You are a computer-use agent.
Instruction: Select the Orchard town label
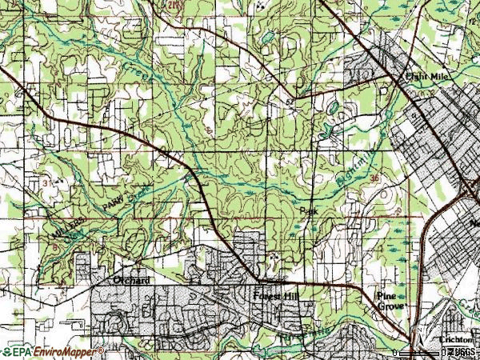(x=130, y=281)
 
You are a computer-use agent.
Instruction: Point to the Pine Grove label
(x=392, y=300)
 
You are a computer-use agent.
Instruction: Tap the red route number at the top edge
(x=171, y=5)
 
